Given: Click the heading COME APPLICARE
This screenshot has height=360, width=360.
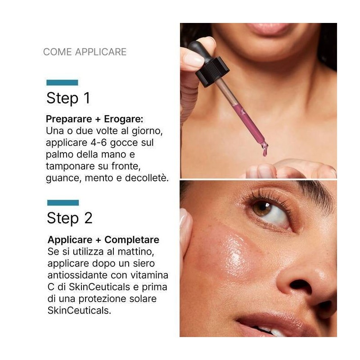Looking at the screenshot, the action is click(x=85, y=52).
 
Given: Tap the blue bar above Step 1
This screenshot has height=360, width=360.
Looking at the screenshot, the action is click(x=62, y=83).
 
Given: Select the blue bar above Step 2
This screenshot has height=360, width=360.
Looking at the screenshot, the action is click(x=63, y=203).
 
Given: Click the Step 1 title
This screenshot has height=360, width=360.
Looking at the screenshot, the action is click(x=68, y=98).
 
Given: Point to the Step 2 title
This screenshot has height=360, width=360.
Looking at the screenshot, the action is click(x=70, y=218).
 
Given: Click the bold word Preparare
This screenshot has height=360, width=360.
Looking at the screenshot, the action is click(x=69, y=119).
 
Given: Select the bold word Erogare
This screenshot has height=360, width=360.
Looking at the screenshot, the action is click(x=123, y=119).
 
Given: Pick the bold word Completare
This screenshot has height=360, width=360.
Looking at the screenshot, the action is click(x=132, y=240).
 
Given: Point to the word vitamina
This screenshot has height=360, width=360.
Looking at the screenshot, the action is click(x=149, y=275).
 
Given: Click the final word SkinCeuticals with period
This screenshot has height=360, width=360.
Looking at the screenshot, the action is click(x=79, y=310).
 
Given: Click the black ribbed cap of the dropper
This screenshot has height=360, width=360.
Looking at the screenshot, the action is click(x=212, y=72).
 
